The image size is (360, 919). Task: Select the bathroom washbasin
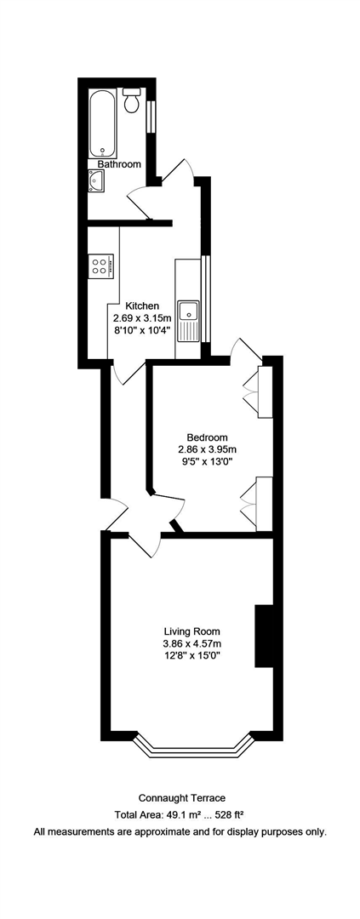point(96,180)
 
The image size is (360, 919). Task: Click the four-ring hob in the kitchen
point(100,265)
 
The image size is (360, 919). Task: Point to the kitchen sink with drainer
point(187,320)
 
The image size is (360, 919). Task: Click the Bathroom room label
point(118,164)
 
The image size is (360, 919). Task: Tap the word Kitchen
point(142,306)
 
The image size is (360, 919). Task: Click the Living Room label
point(191,631)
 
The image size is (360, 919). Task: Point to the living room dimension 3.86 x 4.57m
point(191,643)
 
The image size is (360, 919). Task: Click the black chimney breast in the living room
point(264,636)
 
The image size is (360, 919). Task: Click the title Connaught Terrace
point(180,797)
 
